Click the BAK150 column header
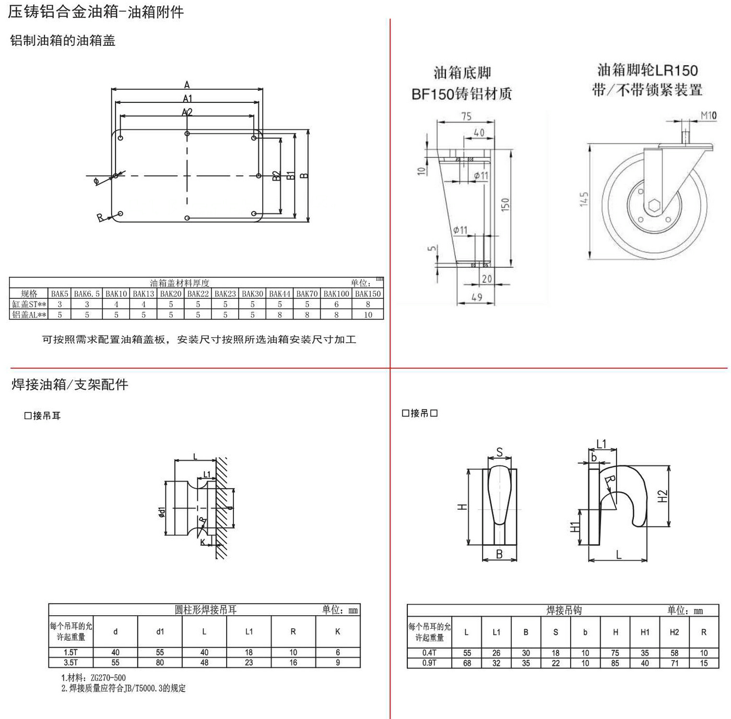click(368, 294)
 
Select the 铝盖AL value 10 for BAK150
click(368, 315)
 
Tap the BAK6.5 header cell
click(87, 294)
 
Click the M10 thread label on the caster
click(708, 115)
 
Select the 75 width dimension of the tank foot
click(466, 116)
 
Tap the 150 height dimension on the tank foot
click(505, 205)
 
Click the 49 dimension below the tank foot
click(477, 297)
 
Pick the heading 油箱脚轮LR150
click(647, 70)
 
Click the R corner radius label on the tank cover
click(100, 218)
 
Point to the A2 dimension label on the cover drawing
click(187, 112)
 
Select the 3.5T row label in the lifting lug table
click(70, 663)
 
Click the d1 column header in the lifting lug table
click(160, 631)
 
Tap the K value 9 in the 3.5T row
click(338, 663)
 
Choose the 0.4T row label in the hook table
click(429, 653)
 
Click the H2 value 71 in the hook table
click(675, 663)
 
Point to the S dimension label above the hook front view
click(500, 452)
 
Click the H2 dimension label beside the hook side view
click(663, 496)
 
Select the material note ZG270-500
click(108, 678)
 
